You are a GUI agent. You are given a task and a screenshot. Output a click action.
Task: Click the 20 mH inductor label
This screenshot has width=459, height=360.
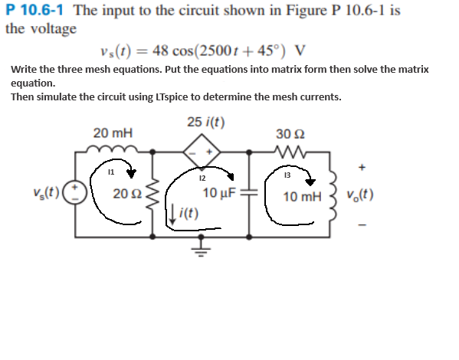[112, 133]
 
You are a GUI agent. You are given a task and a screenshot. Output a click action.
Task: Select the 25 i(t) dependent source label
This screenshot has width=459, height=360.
[205, 122]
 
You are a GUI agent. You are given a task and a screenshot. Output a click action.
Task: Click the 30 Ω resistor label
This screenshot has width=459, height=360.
[293, 132]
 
